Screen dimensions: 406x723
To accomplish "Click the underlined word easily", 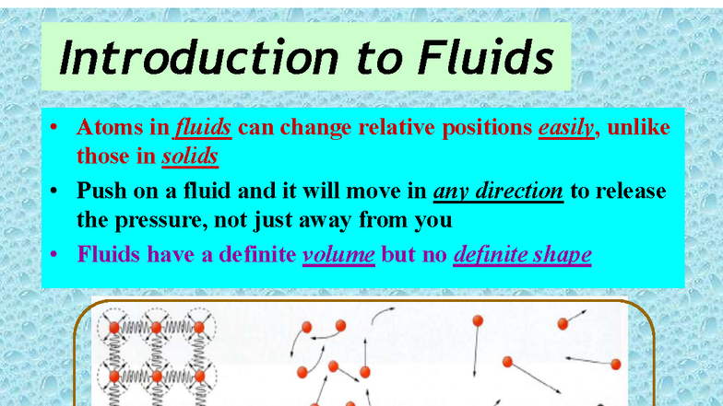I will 565,126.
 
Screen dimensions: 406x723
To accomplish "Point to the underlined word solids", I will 190,156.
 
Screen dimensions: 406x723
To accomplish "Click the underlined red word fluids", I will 202,126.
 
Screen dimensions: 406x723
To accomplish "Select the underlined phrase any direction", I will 498,191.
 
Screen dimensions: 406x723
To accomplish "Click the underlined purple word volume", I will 338,253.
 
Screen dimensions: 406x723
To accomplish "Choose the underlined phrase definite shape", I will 522,253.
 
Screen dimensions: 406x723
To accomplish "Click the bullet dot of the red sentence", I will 55,126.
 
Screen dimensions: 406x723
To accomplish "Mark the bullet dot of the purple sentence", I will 55,253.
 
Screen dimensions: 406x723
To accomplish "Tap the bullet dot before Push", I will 55,191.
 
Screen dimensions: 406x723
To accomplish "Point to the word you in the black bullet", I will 434,220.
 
